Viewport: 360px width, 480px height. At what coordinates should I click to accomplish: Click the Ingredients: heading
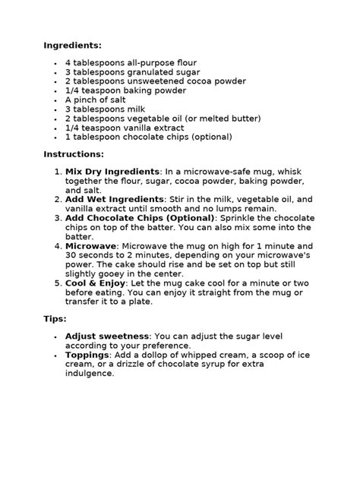pos(72,46)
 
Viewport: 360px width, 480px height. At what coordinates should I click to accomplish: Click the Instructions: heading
pos(73,154)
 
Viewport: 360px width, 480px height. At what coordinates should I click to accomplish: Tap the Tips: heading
pos(55,318)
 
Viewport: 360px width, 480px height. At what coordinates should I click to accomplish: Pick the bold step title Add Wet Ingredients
pos(109,199)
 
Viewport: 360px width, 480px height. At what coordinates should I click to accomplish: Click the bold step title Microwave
pos(90,246)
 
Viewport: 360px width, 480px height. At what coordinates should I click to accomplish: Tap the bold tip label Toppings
pos(87,354)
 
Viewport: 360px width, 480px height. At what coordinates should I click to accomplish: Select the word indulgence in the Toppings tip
pos(89,373)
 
